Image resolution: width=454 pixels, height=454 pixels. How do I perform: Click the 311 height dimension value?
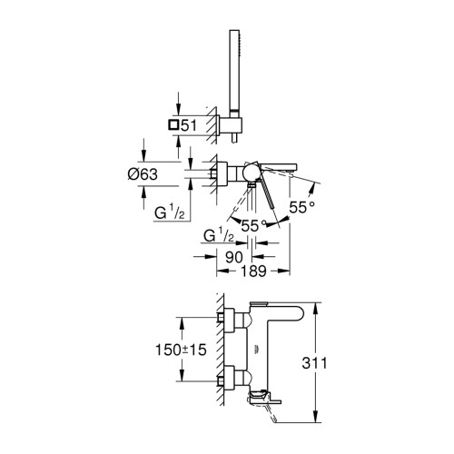pos(314,363)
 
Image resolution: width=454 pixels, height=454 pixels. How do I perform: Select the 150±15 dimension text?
pos(181,350)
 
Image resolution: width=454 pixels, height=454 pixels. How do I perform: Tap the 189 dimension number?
pos(253,271)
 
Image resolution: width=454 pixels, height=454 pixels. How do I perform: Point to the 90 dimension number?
pos(234,257)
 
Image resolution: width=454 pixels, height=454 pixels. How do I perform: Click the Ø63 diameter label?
pos(143,174)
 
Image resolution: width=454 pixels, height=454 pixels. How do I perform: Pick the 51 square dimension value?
pos(189,125)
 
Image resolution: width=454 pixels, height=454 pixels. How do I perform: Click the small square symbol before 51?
pos(173,124)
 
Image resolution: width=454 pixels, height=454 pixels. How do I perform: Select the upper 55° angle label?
pos(301,207)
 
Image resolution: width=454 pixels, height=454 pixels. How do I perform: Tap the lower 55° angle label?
pos(253,225)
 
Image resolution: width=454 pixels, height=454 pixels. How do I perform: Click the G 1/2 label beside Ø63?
pos(169,212)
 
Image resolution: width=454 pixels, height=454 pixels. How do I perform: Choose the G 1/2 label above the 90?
pos(219,235)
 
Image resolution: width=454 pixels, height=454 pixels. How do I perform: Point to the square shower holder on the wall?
pos(231,126)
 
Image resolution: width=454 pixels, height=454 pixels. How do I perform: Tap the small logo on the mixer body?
pos(256,350)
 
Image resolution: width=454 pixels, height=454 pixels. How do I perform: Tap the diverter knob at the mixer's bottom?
pos(251,186)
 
